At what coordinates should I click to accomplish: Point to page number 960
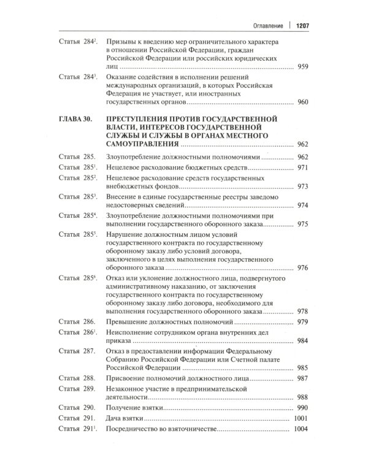(x=303, y=102)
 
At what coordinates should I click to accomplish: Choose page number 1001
(x=301, y=435)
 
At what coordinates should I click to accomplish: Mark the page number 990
(x=303, y=424)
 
